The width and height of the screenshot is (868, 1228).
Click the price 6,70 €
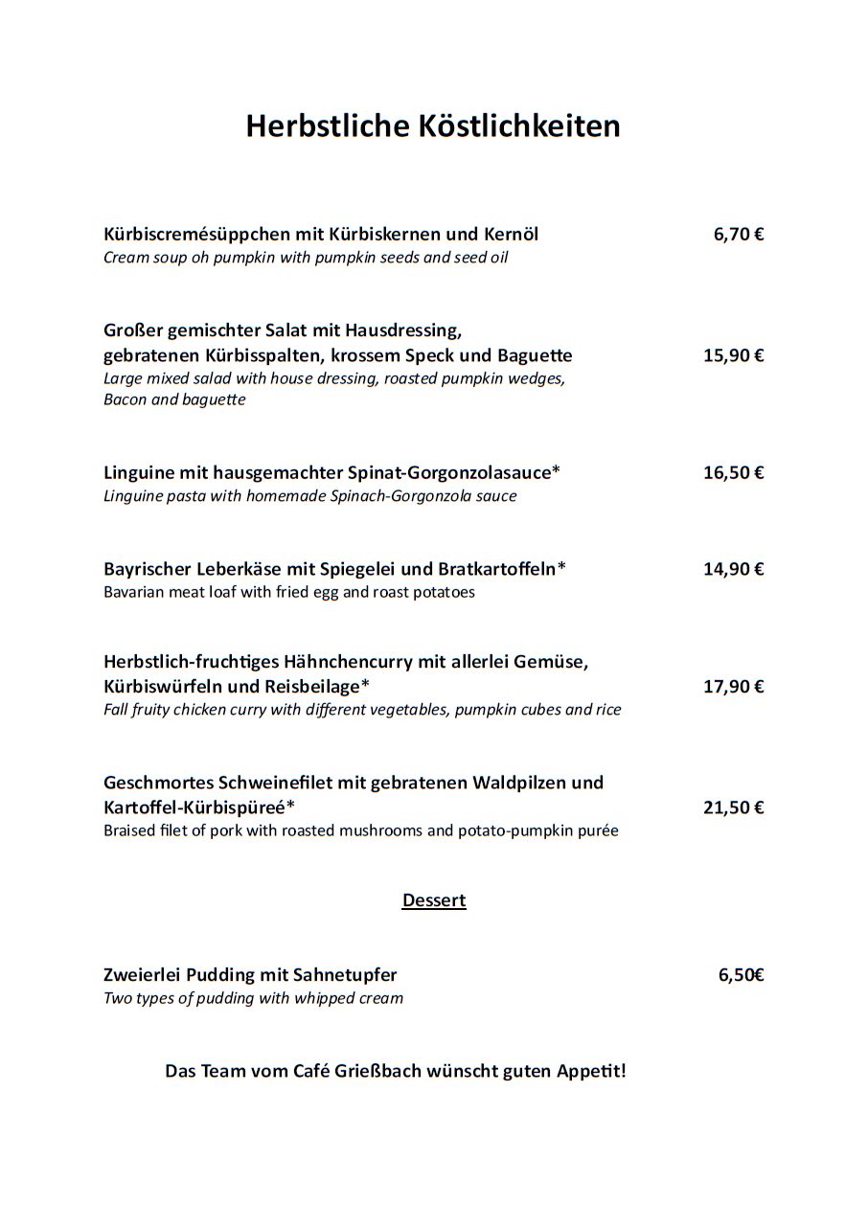[738, 235]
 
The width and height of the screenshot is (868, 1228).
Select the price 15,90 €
[733, 355]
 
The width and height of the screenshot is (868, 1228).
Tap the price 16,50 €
[733, 472]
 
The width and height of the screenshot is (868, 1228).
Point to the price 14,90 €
[733, 569]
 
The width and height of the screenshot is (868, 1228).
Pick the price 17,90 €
[733, 687]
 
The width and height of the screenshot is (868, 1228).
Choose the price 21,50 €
[733, 807]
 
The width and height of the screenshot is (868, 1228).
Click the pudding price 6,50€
[741, 975]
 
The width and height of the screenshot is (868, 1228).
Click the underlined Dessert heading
[434, 900]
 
